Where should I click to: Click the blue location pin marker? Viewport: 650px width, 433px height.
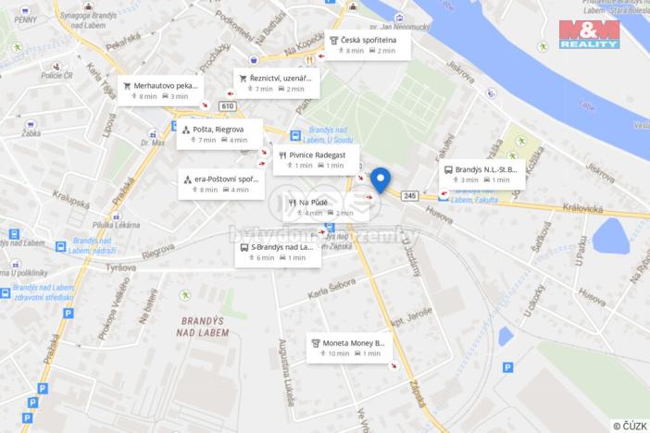380,179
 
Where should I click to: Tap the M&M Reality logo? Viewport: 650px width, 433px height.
589,34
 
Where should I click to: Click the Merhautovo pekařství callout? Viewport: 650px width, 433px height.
159,90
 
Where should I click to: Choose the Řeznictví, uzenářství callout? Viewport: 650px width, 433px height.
275,83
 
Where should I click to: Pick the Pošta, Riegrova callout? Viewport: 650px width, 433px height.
219,134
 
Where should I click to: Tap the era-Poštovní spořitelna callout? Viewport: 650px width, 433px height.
220,183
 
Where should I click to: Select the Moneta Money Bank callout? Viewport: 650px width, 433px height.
349,348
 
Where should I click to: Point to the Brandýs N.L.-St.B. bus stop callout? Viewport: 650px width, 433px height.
482,174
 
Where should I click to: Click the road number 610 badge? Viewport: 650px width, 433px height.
227,105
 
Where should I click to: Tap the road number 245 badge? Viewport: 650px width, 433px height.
411,195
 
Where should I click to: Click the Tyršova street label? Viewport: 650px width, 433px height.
121,266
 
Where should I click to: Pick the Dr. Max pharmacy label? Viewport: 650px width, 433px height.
152,143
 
